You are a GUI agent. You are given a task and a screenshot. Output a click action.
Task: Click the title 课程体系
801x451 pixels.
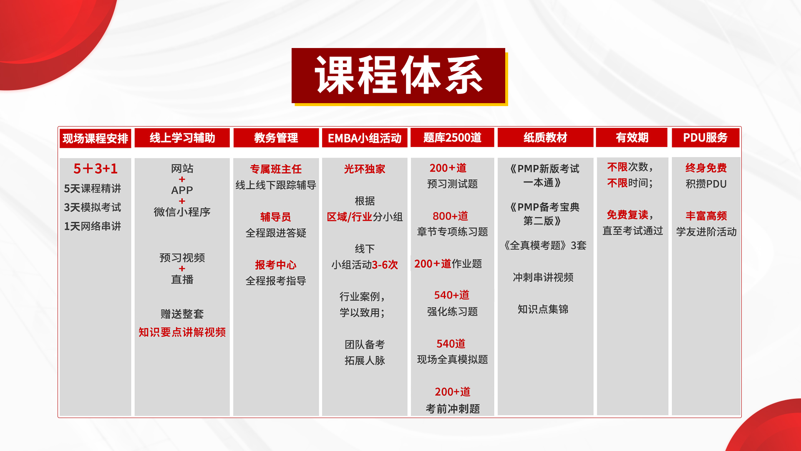click(x=398, y=76)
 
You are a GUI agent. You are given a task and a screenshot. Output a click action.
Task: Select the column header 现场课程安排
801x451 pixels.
click(x=96, y=138)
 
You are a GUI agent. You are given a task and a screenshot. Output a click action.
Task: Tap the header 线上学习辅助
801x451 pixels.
click(x=182, y=138)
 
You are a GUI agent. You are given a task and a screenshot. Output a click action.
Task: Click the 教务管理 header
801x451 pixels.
click(x=276, y=138)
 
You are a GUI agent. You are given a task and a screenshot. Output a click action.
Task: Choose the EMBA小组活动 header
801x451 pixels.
click(x=365, y=138)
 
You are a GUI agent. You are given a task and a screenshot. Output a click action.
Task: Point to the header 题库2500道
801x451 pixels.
click(x=452, y=137)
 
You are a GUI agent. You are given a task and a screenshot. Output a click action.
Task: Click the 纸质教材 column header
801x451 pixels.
click(x=545, y=137)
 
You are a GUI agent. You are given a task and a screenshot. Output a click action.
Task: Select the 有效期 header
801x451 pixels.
click(x=632, y=137)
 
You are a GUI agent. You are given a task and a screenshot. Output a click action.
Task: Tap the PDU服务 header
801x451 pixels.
click(x=705, y=137)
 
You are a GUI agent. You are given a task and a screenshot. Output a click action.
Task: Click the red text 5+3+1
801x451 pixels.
click(x=96, y=168)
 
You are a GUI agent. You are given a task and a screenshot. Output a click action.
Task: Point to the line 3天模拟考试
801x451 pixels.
click(x=92, y=208)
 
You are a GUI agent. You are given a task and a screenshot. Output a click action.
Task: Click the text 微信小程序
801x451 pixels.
click(x=182, y=212)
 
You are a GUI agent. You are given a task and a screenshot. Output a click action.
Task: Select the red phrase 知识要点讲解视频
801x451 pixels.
click(x=182, y=332)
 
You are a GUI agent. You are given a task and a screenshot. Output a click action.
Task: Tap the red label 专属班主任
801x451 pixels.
click(x=276, y=169)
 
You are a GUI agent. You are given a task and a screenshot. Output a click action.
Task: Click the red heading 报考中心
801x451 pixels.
click(x=276, y=265)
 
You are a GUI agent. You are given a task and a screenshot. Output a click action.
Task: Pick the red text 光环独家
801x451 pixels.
click(x=365, y=169)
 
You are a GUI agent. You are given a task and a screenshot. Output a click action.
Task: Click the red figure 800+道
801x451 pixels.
click(x=450, y=216)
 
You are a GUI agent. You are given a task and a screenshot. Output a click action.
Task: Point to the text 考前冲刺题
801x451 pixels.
click(x=453, y=408)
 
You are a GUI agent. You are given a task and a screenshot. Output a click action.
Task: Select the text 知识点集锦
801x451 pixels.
click(x=543, y=309)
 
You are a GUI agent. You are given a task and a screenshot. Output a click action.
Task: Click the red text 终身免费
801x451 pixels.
click(x=706, y=168)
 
